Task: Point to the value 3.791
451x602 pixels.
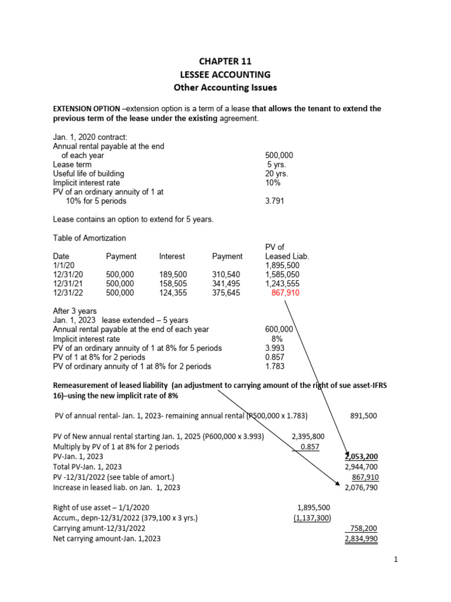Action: [275, 201]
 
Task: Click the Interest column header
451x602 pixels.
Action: [172, 256]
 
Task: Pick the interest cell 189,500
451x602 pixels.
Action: [172, 274]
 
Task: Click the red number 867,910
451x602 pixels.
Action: [285, 293]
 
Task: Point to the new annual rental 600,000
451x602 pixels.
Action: [280, 330]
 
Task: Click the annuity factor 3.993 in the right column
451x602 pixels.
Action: [275, 348]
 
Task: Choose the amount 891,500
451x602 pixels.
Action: [364, 416]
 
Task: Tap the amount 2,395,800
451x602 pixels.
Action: [308, 437]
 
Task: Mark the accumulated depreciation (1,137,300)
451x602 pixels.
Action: [312, 517]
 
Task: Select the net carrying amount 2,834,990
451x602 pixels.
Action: [360, 538]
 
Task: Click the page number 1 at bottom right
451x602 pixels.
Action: [396, 560]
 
